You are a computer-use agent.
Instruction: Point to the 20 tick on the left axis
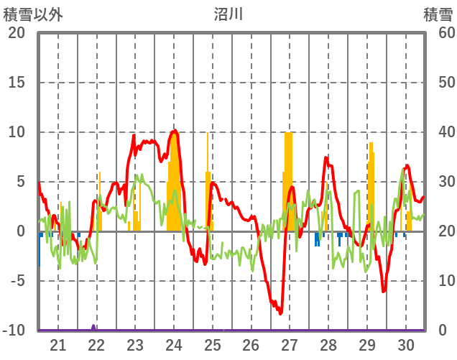pos(17,33)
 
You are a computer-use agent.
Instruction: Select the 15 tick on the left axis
pos(17,83)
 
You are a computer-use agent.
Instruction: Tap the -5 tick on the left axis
pos(17,281)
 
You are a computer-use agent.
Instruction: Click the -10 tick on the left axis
pos(14,331)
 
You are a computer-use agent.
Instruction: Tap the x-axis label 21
pos(58,345)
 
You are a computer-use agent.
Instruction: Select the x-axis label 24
pos(174,345)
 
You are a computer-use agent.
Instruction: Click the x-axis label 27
pos(290,345)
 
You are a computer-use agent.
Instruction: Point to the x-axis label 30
pos(405,345)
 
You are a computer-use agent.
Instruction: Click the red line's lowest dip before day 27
pos(280,313)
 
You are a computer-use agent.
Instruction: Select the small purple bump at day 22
pos(94,327)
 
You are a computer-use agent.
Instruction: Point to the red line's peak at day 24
pos(175,131)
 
